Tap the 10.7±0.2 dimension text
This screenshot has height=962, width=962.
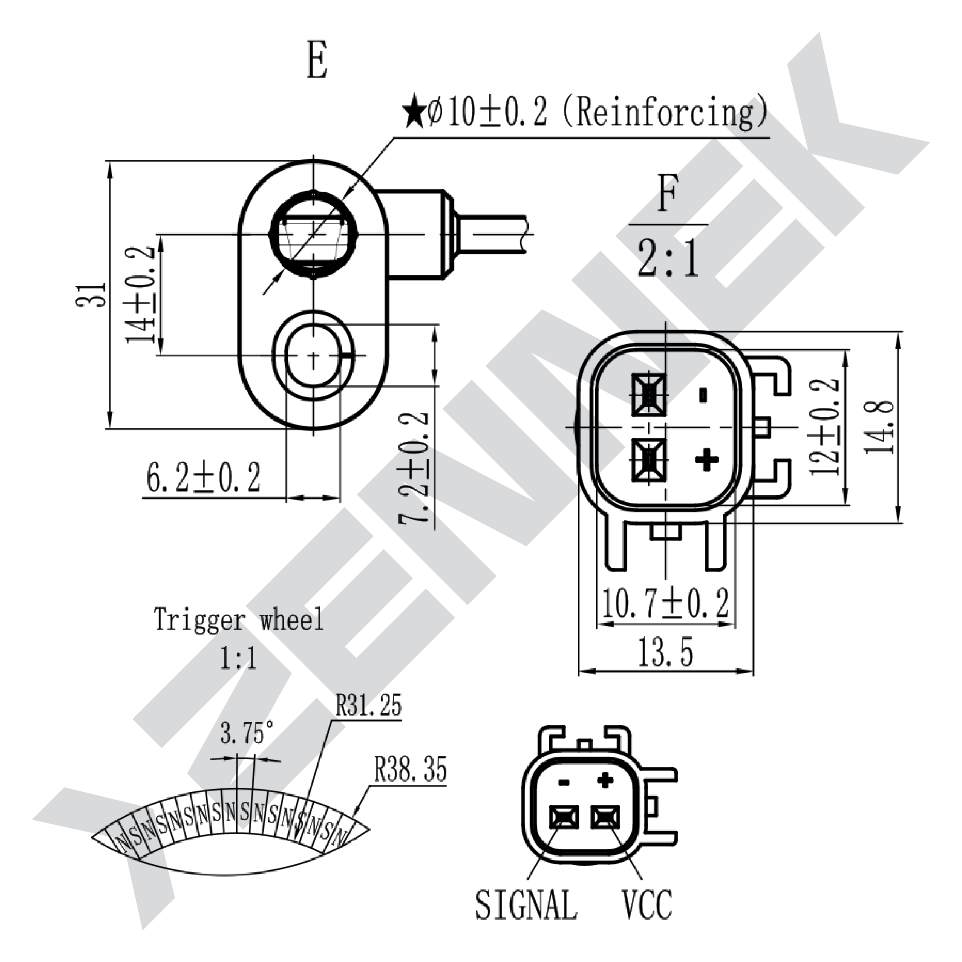[666, 604]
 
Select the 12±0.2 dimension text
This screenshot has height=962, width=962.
[825, 426]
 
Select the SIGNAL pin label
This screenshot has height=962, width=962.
[526, 918]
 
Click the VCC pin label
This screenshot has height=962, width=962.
[647, 918]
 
